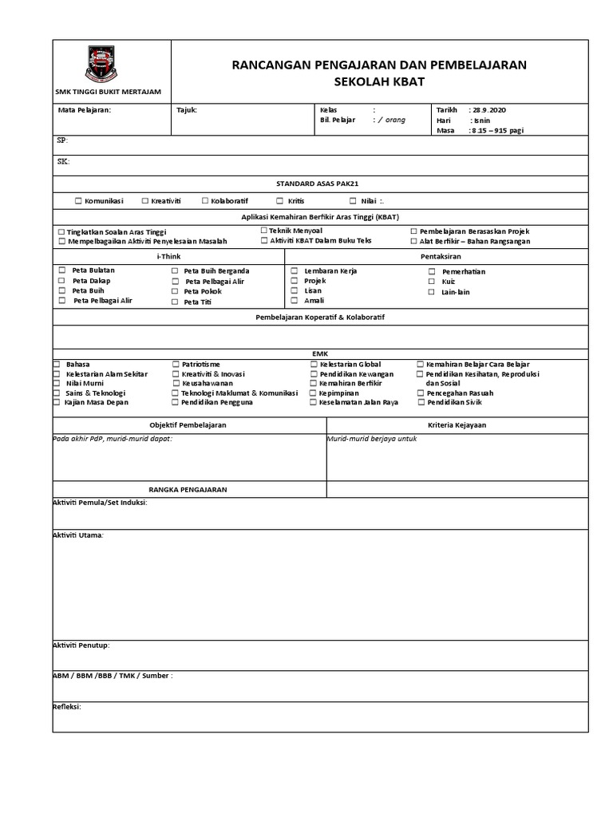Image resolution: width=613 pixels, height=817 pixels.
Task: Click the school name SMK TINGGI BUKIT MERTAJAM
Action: point(112,92)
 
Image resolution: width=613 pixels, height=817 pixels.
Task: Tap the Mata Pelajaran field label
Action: point(85,110)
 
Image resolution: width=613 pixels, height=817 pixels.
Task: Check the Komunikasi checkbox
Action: point(78,201)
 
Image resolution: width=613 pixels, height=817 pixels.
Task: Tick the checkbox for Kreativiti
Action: point(144,201)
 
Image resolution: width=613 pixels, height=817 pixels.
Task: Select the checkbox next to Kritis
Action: point(280,201)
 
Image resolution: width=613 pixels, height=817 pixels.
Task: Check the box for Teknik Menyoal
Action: point(264,231)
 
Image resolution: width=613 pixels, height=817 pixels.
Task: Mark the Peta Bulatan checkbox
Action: point(61,270)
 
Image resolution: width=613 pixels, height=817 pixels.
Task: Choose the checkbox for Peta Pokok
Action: point(175,292)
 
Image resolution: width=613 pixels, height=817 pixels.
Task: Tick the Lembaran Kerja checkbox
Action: point(295,271)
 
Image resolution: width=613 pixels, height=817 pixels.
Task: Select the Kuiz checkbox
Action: point(432,282)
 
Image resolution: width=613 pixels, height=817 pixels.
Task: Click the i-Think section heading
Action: point(168,256)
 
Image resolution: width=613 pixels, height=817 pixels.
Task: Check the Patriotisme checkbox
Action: point(175,364)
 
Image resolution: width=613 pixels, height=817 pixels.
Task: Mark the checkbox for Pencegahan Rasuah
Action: point(420,393)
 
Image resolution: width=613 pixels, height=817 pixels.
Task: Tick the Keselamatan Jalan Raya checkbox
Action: point(314,403)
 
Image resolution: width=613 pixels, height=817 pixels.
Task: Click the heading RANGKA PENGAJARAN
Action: point(188,489)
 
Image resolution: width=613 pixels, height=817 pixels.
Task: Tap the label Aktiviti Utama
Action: point(77,535)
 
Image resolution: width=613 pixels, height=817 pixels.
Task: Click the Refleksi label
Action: point(67,707)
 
